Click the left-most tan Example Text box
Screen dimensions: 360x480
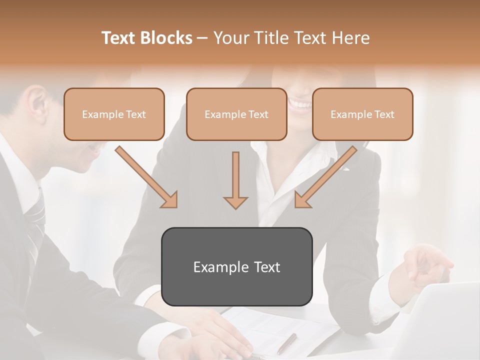tap(114, 114)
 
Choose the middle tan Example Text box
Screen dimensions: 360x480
tap(236, 114)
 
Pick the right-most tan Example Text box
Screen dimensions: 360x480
tap(362, 114)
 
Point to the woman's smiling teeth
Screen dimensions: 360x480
tap(300, 105)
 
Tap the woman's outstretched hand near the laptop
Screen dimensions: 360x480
tap(425, 265)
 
